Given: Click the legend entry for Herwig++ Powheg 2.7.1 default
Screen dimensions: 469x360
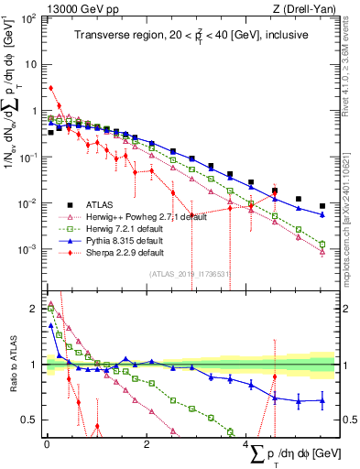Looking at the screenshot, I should click(138, 217).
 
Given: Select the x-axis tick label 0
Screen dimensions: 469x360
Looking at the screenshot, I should click(47, 442).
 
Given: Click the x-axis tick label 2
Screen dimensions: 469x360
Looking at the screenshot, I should click(147, 442).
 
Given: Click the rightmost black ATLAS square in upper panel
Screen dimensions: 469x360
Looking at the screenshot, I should click(322, 206).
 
